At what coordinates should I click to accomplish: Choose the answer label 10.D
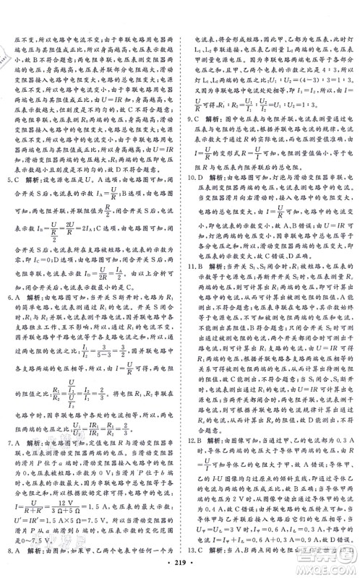(189, 178)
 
